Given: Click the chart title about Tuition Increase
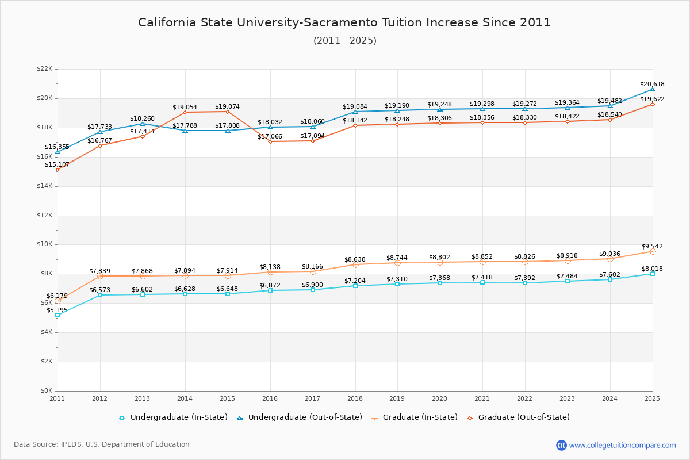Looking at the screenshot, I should [344, 22].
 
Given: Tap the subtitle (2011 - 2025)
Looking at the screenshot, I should [344, 41].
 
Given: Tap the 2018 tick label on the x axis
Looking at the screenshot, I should [355, 398].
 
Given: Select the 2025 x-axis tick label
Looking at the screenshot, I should [652, 398].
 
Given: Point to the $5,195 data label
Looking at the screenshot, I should [56, 310].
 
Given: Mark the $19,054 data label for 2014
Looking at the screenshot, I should [185, 107].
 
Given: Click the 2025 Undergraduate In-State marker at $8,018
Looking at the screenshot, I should [653, 274].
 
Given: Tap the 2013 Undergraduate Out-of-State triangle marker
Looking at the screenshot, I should [143, 124].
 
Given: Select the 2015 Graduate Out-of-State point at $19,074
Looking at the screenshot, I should [228, 112].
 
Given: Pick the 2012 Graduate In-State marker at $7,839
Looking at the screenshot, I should [100, 276].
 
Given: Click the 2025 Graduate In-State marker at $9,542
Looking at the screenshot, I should [653, 251].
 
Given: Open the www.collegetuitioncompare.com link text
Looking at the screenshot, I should [622, 445].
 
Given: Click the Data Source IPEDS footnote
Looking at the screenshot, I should [102, 444].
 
